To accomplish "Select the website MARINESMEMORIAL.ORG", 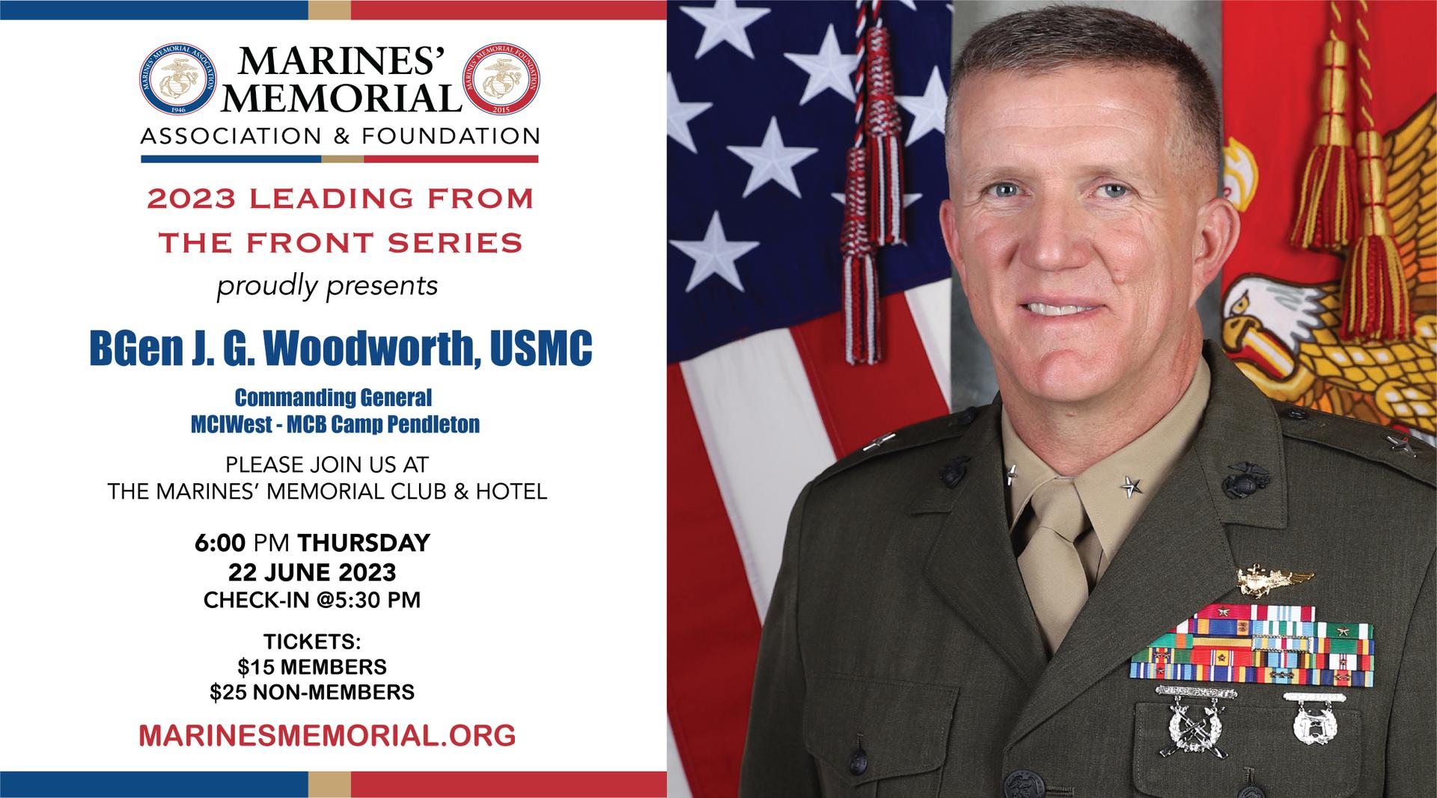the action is pos(327,735).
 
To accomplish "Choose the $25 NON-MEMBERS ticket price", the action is pos(312,693).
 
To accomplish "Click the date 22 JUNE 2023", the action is pos(312,572).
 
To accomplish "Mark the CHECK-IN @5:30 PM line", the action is pos(312,600).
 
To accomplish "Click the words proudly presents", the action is pos(327,286).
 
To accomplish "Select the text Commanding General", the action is pos(334,396).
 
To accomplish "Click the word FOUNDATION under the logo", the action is pos(451,137).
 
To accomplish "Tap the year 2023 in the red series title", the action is pos(192,200).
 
